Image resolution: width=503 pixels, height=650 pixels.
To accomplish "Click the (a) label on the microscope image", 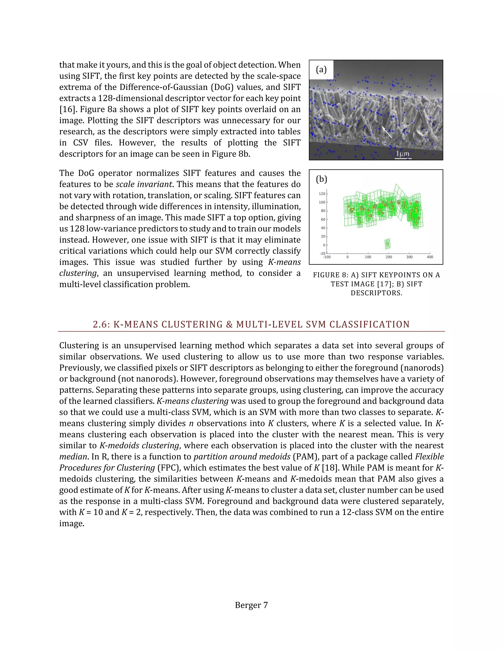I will [321, 70].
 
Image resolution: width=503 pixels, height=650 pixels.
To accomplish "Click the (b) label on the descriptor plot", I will [321, 179].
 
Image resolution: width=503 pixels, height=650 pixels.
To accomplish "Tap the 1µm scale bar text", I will [403, 154].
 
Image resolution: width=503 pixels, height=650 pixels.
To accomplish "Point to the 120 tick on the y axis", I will [322, 194].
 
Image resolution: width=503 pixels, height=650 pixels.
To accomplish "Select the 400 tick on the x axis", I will [430, 257].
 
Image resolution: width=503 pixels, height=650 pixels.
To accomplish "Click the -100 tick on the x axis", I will [327, 257].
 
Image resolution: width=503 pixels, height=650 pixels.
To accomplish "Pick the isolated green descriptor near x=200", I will [387, 244].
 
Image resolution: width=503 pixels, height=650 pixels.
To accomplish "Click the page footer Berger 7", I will [251, 605].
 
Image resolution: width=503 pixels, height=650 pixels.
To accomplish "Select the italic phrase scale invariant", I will [144, 184].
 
